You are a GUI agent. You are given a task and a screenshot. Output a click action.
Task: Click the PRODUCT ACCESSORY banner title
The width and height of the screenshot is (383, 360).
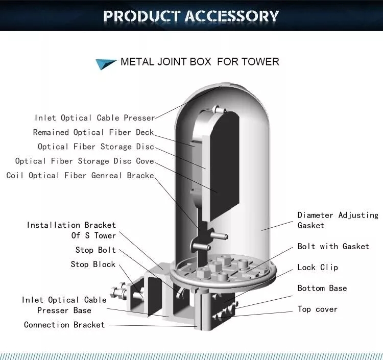(x=191, y=16)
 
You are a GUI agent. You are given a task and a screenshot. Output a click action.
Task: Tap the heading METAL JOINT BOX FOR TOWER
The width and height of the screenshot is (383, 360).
(x=200, y=62)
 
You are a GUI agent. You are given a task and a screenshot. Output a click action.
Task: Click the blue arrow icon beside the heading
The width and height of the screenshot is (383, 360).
(x=106, y=64)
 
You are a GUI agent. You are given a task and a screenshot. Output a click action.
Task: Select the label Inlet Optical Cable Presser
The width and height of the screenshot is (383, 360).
(x=95, y=118)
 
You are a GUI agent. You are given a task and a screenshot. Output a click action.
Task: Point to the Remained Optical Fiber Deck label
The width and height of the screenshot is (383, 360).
(x=93, y=132)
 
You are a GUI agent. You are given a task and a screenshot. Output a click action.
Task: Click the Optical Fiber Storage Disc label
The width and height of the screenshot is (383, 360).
(x=96, y=147)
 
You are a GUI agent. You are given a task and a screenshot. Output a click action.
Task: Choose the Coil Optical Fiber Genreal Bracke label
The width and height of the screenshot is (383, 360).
(x=80, y=175)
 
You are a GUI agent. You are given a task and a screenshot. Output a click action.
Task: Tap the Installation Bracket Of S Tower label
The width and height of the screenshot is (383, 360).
(x=71, y=230)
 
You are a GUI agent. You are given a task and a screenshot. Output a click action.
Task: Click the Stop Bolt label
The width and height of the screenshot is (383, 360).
(x=95, y=250)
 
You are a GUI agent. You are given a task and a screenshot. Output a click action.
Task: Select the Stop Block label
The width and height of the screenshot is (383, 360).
(x=93, y=265)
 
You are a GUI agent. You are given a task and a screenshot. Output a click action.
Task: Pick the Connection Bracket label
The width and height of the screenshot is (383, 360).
(x=64, y=325)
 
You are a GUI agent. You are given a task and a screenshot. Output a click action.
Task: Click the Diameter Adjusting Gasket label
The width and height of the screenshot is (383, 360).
(x=338, y=220)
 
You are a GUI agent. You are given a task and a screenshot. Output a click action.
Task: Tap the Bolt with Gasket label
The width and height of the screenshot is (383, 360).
(x=333, y=246)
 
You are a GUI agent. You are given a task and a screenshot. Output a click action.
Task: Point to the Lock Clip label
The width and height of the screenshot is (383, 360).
(x=318, y=267)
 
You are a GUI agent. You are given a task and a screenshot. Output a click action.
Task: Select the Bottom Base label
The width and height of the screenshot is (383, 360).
(x=322, y=288)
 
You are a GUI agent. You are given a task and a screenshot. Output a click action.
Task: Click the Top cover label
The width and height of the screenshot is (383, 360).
(x=318, y=309)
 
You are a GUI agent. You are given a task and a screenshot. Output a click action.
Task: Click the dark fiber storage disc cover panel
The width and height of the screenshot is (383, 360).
(x=224, y=166)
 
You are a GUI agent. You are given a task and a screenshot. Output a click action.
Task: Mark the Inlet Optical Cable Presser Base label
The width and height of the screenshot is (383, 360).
(x=64, y=305)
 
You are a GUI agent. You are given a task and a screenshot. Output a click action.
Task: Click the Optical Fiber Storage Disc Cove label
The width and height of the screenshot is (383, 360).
(x=84, y=161)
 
